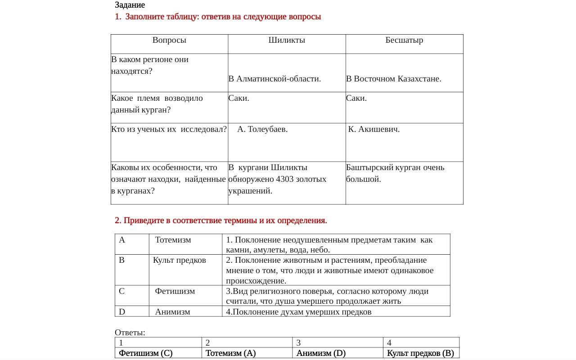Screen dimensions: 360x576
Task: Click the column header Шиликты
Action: pyautogui.click(x=287, y=40)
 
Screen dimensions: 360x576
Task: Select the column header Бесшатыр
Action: pyautogui.click(x=404, y=40)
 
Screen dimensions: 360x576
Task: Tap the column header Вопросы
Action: pyautogui.click(x=169, y=40)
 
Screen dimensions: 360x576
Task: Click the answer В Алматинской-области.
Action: pyautogui.click(x=274, y=79)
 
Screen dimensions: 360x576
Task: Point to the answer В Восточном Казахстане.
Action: pyautogui.click(x=394, y=79)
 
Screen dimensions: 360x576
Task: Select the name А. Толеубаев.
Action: pyautogui.click(x=262, y=129)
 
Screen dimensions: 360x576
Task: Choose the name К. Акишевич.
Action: pyautogui.click(x=374, y=129)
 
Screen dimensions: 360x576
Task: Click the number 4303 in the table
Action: pyautogui.click(x=285, y=179)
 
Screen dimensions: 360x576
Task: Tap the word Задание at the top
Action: pyautogui.click(x=130, y=5)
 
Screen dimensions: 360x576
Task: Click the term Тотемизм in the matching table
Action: pyautogui.click(x=173, y=240)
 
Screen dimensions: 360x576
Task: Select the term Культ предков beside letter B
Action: pyautogui.click(x=180, y=260)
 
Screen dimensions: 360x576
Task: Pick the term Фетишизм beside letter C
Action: pyautogui.click(x=175, y=291)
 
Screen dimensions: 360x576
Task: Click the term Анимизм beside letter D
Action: pyautogui.click(x=173, y=311)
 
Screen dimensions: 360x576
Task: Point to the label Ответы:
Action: pyautogui.click(x=130, y=333)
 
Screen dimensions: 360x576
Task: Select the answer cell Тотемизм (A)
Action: pyautogui.click(x=231, y=353)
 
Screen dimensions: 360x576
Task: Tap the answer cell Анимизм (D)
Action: pyautogui.click(x=321, y=353)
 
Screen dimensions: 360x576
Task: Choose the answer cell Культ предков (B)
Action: pyautogui.click(x=420, y=353)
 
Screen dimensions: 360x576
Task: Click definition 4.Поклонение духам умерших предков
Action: pyautogui.click(x=299, y=311)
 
